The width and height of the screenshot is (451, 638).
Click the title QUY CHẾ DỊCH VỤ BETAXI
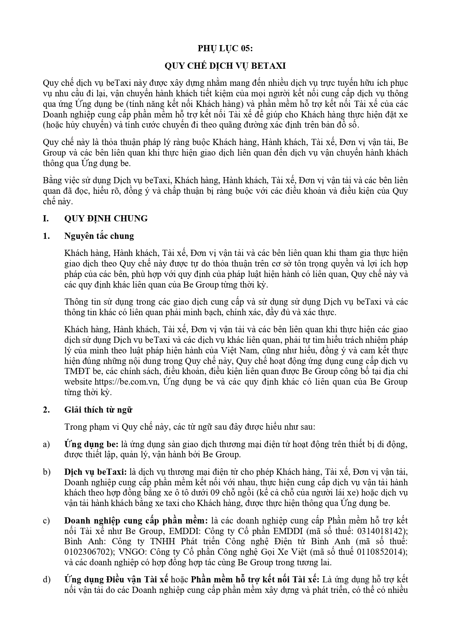coord(225,66)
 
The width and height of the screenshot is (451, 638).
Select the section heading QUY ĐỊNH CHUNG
coord(106,218)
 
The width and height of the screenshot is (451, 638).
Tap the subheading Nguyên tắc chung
coord(99,236)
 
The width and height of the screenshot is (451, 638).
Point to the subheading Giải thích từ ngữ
coord(98,410)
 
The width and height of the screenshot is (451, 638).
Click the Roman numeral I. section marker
coord(46,218)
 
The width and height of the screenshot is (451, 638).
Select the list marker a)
coord(46,444)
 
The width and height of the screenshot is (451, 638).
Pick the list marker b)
coord(46,472)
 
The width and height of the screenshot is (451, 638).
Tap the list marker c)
coord(46,521)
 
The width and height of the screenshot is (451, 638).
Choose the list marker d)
coord(47,579)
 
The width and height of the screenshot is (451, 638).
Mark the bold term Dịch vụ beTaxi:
coord(95,472)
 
